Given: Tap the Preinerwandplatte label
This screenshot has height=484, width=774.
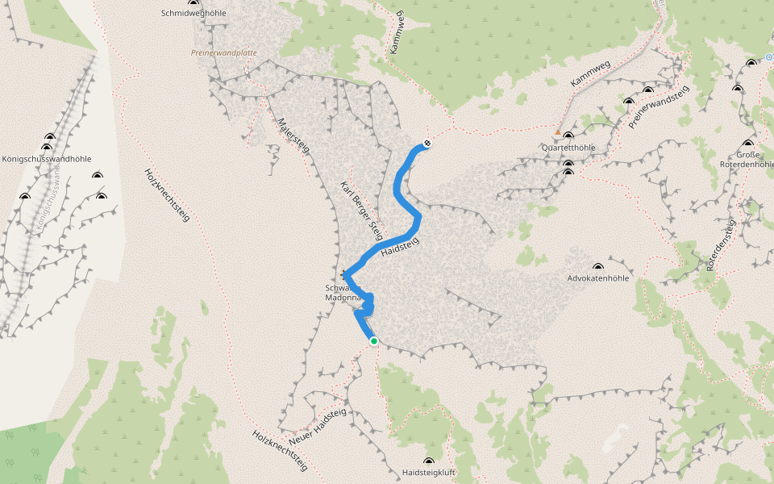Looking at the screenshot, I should click(223, 53).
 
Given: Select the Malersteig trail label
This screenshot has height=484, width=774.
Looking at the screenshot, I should click(293, 135).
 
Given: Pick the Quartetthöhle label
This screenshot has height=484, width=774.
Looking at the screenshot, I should click(568, 148).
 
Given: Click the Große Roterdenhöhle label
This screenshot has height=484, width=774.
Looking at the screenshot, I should click(743, 158).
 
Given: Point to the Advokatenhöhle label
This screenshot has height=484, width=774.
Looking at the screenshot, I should click(598, 278).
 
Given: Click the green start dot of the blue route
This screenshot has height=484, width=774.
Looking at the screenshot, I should click(374, 341).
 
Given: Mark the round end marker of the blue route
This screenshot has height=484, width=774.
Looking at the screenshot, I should click(427, 144).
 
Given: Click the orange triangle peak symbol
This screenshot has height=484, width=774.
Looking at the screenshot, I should click(557, 131).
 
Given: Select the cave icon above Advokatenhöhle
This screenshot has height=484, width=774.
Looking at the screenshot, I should click(598, 266).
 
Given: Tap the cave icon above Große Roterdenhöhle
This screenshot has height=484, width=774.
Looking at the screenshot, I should click(748, 143).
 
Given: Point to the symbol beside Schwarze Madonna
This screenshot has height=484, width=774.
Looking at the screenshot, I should click(345, 273).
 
